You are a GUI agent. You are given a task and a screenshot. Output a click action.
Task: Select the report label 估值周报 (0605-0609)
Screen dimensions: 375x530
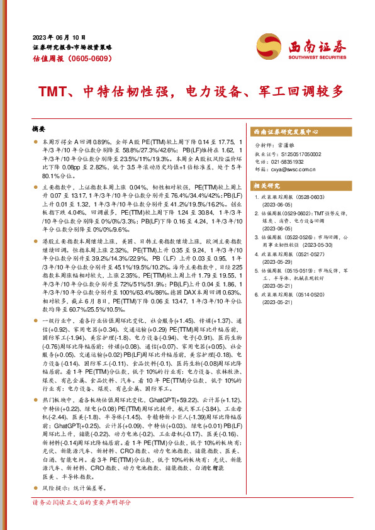tap(72, 59)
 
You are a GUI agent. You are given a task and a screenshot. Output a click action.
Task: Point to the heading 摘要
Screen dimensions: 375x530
tap(39, 128)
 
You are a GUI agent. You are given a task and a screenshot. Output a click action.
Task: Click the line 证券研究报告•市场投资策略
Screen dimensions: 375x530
tap(72, 47)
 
